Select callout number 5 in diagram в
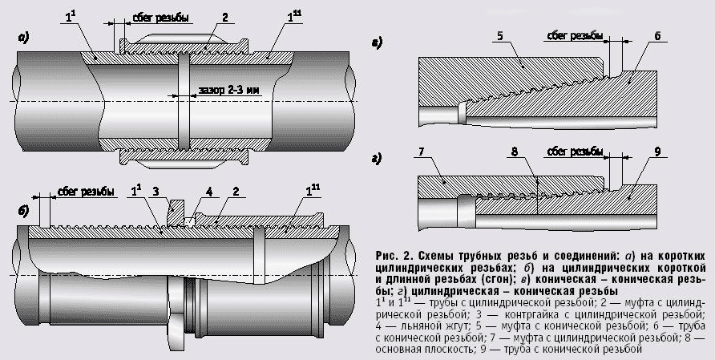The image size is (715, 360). (499, 35)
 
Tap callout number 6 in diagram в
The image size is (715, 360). (657, 36)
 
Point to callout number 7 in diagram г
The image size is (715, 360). (419, 152)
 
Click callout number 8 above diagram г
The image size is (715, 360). (514, 152)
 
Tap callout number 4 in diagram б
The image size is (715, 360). (208, 191)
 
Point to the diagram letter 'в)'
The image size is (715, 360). (377, 41)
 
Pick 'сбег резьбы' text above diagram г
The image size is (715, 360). (576, 151)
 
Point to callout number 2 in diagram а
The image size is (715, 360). (225, 16)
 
